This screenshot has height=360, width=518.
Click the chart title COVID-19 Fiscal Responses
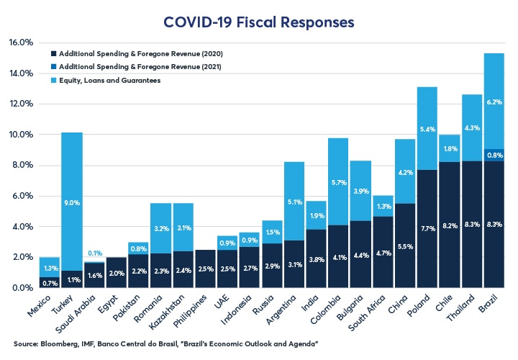259,22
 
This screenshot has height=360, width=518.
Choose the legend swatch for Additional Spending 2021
53,67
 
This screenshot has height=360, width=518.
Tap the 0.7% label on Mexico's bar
50,282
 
